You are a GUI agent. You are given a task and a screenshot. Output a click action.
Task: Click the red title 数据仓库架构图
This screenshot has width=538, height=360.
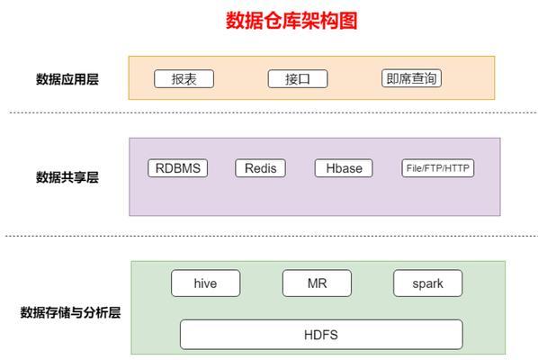tap(291, 21)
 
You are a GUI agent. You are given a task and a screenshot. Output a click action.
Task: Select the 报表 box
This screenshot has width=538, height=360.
tap(184, 79)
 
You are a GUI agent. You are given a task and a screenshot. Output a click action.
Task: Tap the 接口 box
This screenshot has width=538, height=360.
tap(298, 79)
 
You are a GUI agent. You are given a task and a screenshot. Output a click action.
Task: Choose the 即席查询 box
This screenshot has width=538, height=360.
tap(411, 78)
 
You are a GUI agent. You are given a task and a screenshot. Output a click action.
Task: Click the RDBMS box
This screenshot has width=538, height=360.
tap(178, 168)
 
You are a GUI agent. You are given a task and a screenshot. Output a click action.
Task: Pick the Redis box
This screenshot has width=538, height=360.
tap(260, 168)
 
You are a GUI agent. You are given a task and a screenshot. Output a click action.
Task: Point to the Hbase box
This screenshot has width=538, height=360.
tap(344, 168)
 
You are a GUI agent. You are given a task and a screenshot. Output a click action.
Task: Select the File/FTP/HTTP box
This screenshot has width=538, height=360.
tap(438, 168)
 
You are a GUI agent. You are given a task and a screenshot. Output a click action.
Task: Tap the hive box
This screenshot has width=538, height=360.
tap(205, 283)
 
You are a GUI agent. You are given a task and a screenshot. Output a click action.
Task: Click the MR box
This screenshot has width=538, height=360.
tap(317, 283)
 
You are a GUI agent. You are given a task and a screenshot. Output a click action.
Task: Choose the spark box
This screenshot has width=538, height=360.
tap(428, 283)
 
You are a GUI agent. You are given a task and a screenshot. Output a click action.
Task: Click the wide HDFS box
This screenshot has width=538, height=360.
tap(321, 335)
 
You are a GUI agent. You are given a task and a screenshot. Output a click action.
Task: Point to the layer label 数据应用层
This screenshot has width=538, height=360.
tap(67, 79)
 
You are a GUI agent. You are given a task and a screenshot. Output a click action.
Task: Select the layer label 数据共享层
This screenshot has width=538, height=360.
tap(67, 177)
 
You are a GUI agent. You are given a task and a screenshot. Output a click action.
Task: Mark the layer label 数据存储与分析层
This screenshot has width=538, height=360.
tap(70, 312)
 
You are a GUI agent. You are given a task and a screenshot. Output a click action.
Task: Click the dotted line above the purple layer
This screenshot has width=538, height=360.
tap(273, 112)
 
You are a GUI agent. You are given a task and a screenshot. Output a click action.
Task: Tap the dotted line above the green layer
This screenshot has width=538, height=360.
tap(272, 236)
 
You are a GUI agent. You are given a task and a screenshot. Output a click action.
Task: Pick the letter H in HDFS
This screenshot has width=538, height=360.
tap(308, 335)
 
